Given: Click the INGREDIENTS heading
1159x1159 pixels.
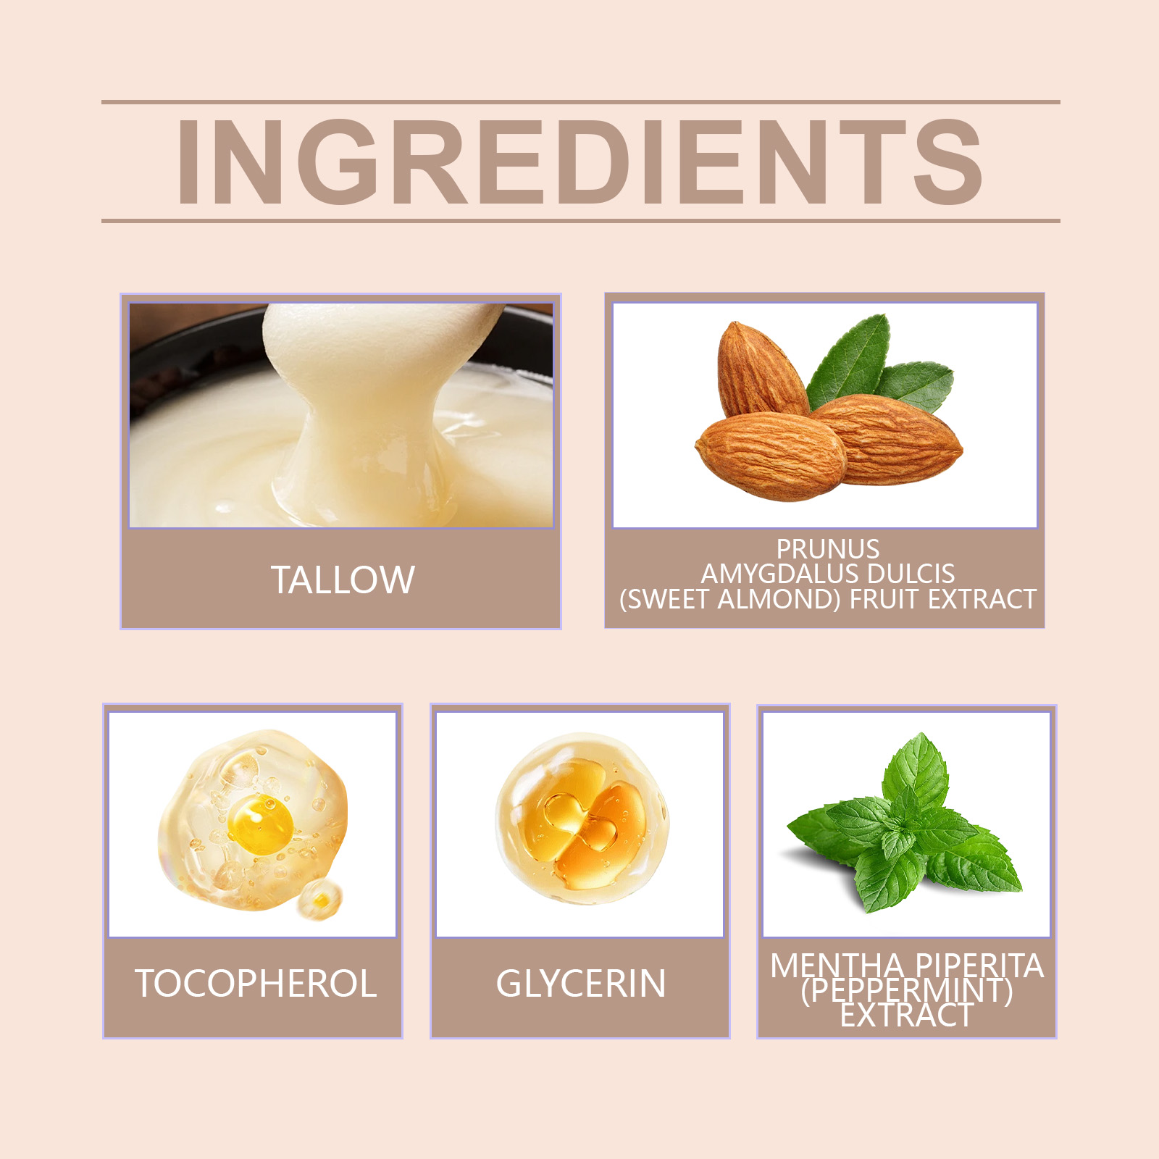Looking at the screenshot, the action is tap(579, 162).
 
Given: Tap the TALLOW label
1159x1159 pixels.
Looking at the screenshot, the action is tap(343, 580).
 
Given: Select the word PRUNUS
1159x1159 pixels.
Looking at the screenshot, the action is tap(828, 548).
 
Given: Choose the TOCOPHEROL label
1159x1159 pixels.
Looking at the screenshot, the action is tap(256, 984).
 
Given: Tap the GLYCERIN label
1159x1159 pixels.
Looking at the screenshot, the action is tap(581, 984).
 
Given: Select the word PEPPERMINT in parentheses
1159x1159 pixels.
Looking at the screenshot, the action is tap(907, 989).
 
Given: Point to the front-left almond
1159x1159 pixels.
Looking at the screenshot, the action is tap(771, 456).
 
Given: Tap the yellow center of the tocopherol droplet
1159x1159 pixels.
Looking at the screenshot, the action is tap(260, 824).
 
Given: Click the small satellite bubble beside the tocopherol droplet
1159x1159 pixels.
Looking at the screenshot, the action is tap(319, 900).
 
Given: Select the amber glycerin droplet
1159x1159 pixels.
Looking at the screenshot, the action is tap(582, 819).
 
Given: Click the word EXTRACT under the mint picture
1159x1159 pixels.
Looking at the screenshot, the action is tap(907, 1015).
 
